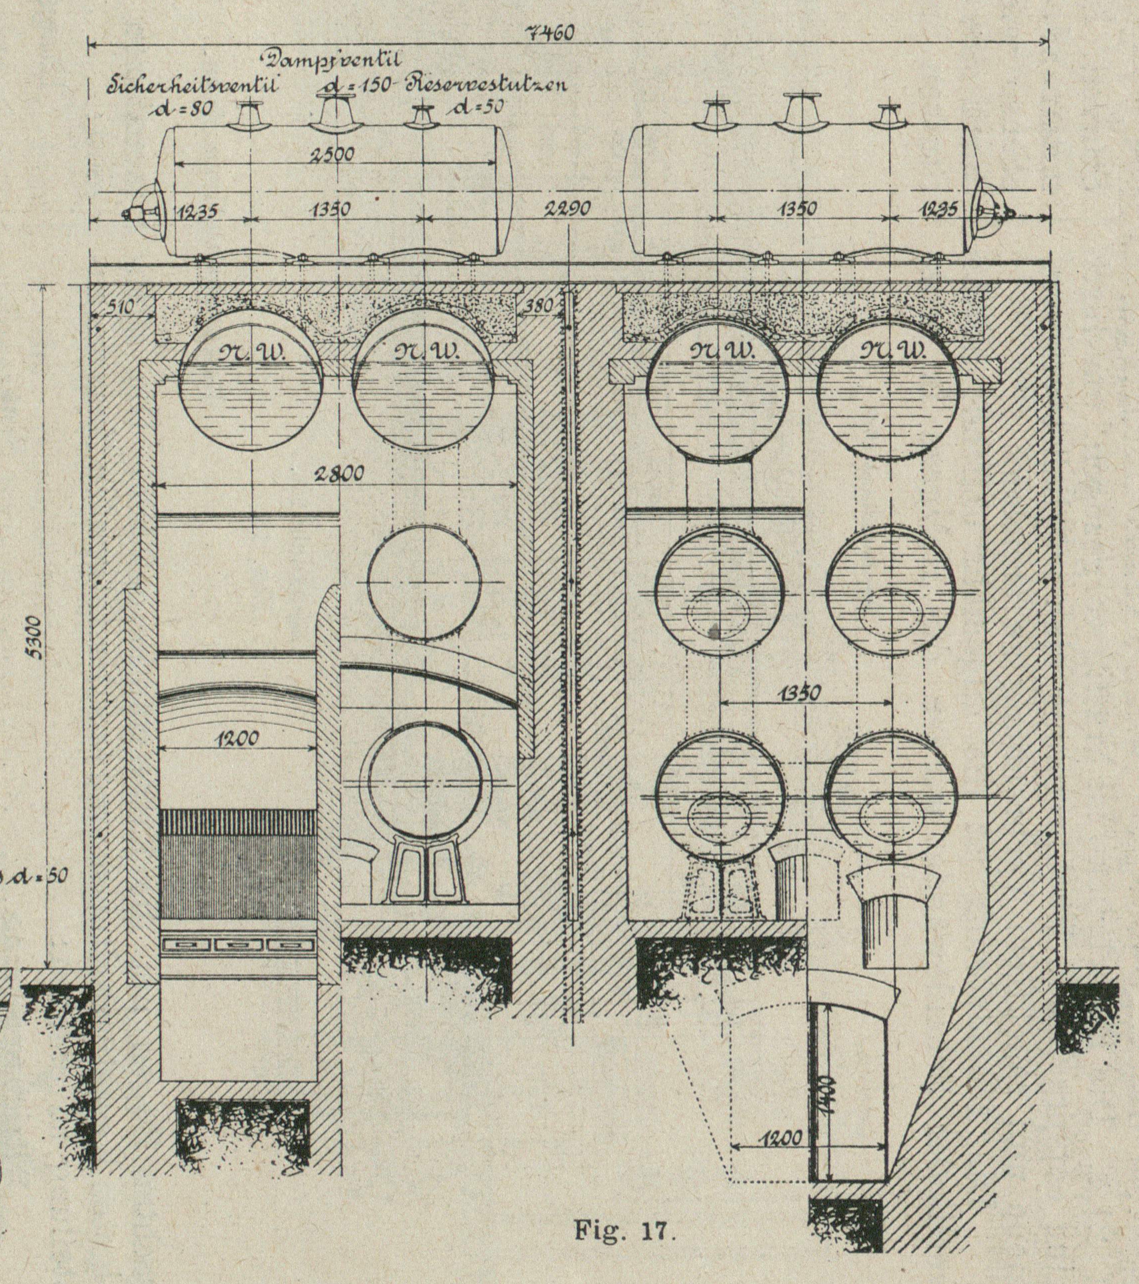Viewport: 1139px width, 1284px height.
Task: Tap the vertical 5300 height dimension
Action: point(36,638)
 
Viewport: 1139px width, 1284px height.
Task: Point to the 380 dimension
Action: point(539,307)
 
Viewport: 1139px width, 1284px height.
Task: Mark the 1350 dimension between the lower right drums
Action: point(798,693)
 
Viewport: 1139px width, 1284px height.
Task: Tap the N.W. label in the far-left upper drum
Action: point(252,353)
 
